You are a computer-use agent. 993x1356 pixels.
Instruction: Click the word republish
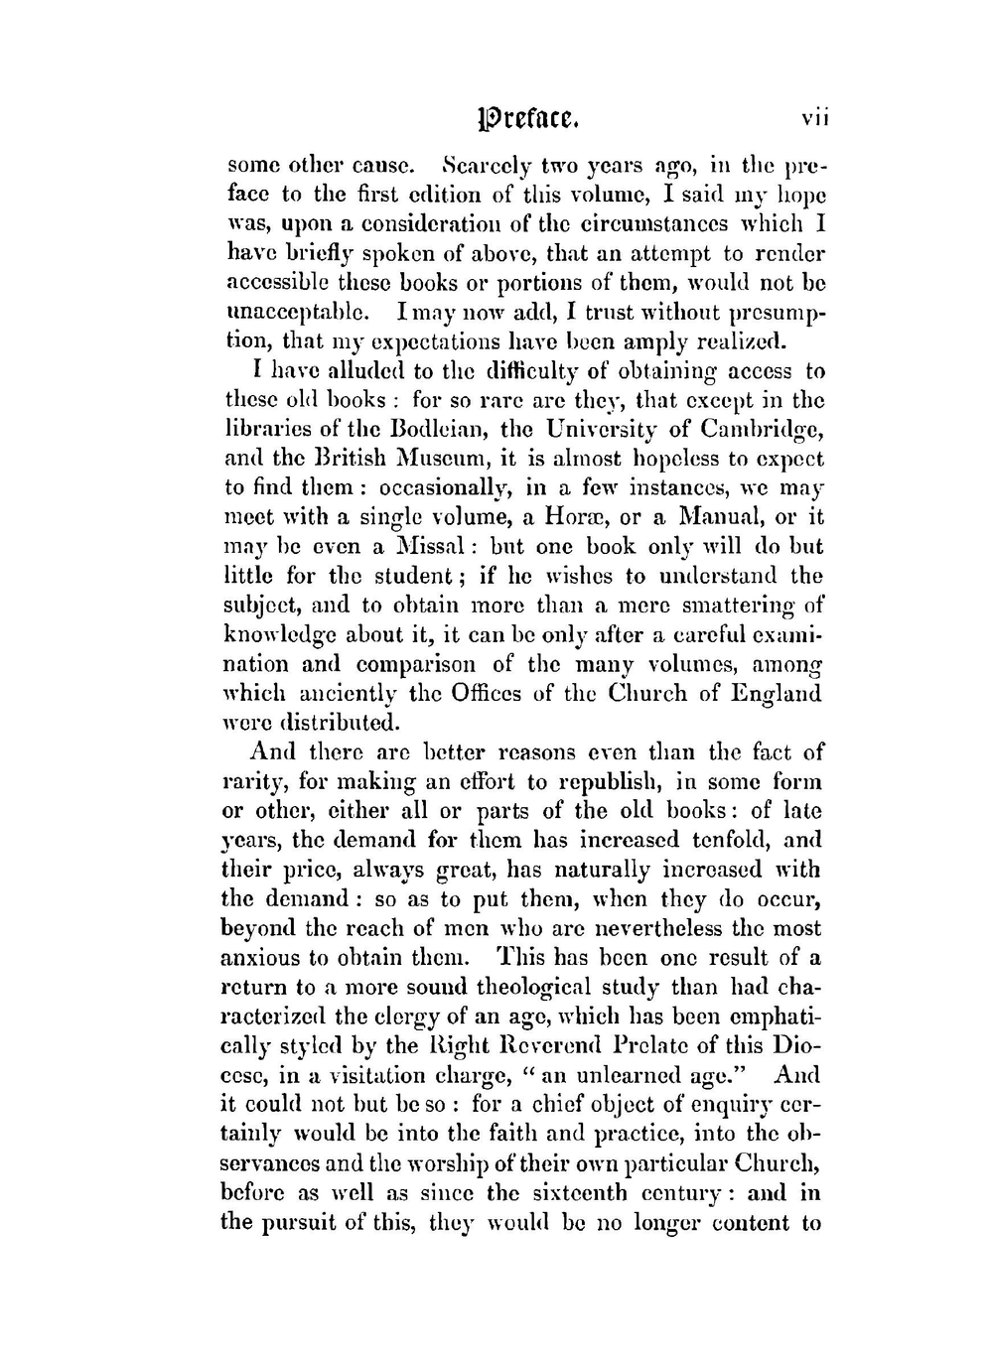pyautogui.click(x=587, y=781)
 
